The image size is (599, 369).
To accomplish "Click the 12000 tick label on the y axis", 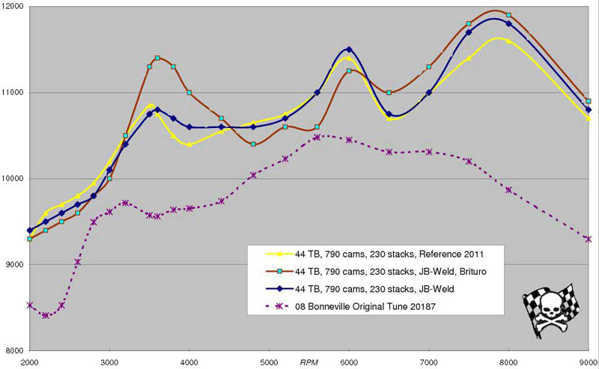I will pyautogui.click(x=13, y=7).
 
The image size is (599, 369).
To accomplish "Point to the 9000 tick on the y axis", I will pyautogui.click(x=15, y=265).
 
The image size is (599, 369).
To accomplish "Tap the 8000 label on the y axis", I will pyautogui.click(x=15, y=351).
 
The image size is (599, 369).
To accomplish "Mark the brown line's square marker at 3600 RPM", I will pyautogui.click(x=157, y=58).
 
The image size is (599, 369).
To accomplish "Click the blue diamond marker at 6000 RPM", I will pyautogui.click(x=349, y=49).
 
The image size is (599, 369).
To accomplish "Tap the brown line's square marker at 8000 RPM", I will pyautogui.click(x=509, y=15).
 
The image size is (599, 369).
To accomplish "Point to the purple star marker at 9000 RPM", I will pyautogui.click(x=589, y=239).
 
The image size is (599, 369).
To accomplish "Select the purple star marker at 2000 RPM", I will pyautogui.click(x=29, y=305).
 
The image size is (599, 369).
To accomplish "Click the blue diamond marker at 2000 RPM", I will pyautogui.click(x=29, y=231).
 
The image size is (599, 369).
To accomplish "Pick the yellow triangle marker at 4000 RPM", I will pyautogui.click(x=189, y=144).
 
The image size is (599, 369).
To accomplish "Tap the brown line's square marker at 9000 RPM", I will pyautogui.click(x=589, y=101).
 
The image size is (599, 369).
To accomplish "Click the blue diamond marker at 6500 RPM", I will pyautogui.click(x=389, y=114).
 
